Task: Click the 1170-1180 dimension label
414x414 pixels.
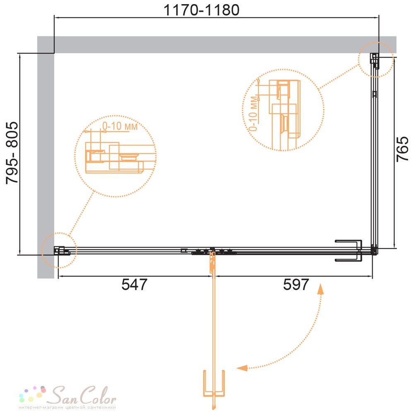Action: point(202,10)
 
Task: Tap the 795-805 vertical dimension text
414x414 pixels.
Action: point(12,153)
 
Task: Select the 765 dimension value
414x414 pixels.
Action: point(402,149)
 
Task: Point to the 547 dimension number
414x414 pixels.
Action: point(134,285)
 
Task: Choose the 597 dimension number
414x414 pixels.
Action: point(296,285)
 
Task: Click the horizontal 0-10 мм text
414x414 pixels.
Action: point(120,126)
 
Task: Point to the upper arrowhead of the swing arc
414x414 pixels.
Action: point(320,289)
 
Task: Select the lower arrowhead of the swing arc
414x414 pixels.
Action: point(242,368)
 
